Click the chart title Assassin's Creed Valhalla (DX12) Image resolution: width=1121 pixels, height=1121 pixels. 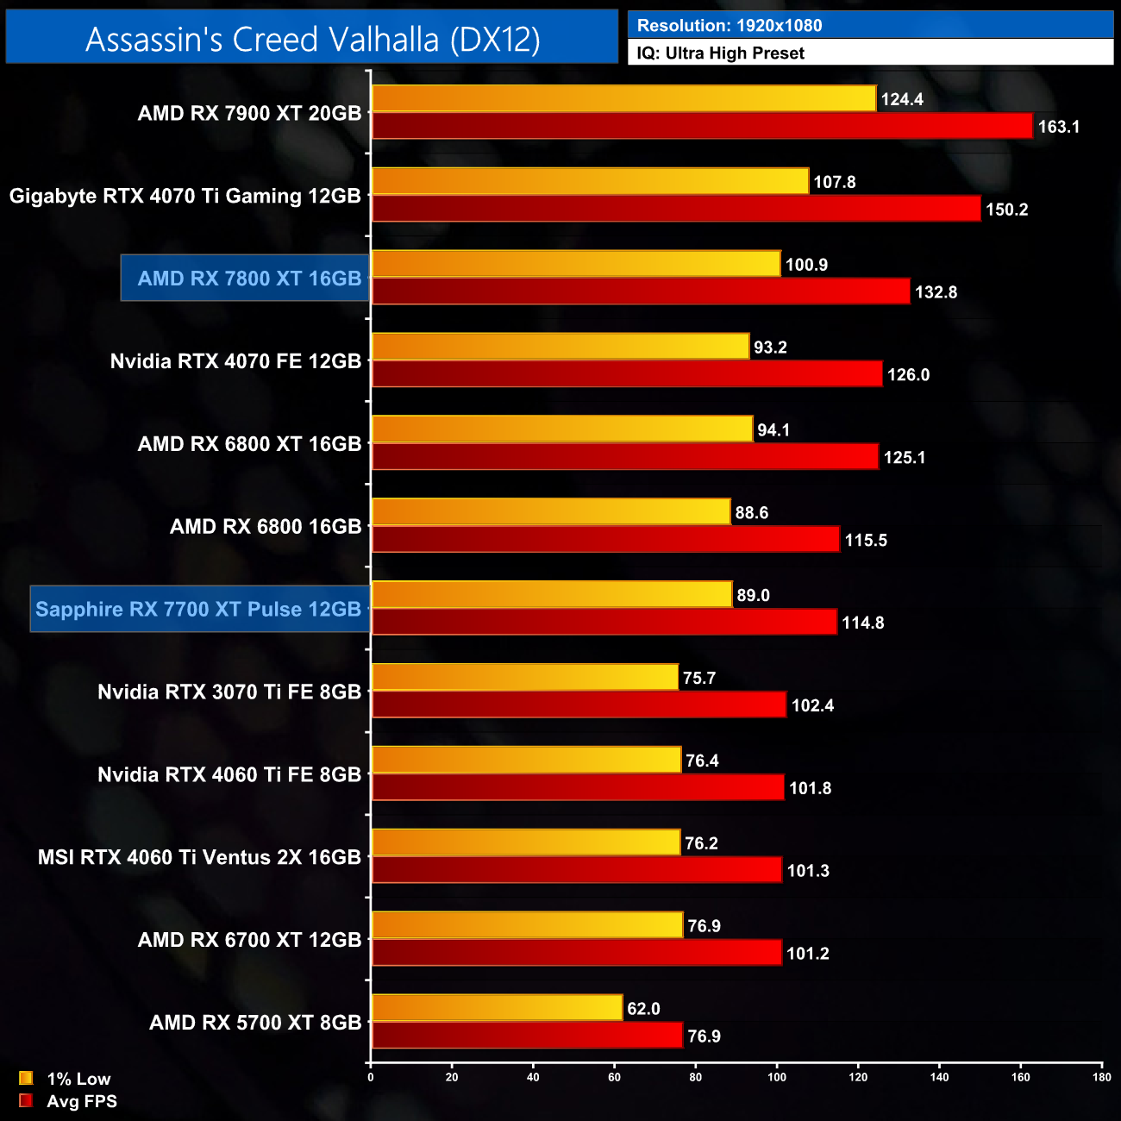coord(312,39)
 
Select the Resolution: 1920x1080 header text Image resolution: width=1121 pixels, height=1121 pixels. coord(729,26)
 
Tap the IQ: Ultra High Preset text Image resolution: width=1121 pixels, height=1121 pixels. coord(720,53)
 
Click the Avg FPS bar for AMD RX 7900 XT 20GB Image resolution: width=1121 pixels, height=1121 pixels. coord(702,126)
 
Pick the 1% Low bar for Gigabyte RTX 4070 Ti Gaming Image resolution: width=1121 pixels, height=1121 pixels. coord(590,181)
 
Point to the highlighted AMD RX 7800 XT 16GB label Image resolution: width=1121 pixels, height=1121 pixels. coord(248,279)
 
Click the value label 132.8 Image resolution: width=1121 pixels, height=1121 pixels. coord(936,292)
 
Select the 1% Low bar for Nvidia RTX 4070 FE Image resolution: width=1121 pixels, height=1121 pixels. coord(560,347)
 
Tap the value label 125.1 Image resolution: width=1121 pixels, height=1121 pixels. coord(904,458)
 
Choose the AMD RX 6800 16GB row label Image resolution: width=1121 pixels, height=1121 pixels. coord(266,527)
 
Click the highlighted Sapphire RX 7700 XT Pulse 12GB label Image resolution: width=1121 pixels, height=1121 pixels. coord(199,610)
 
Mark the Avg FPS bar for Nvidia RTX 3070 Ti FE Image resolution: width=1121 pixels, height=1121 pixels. coord(579,705)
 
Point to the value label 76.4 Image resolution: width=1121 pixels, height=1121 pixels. coord(702,761)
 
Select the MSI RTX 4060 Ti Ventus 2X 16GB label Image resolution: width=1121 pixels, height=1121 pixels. coord(199,857)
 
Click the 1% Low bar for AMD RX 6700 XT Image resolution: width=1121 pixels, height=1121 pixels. coord(527,925)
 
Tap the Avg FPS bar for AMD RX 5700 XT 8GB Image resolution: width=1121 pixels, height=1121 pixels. coord(527,1035)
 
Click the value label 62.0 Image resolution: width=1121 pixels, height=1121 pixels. coord(643,1009)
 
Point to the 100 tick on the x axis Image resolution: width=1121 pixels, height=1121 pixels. coord(777,1077)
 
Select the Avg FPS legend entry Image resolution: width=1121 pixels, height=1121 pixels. coord(68,1101)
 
